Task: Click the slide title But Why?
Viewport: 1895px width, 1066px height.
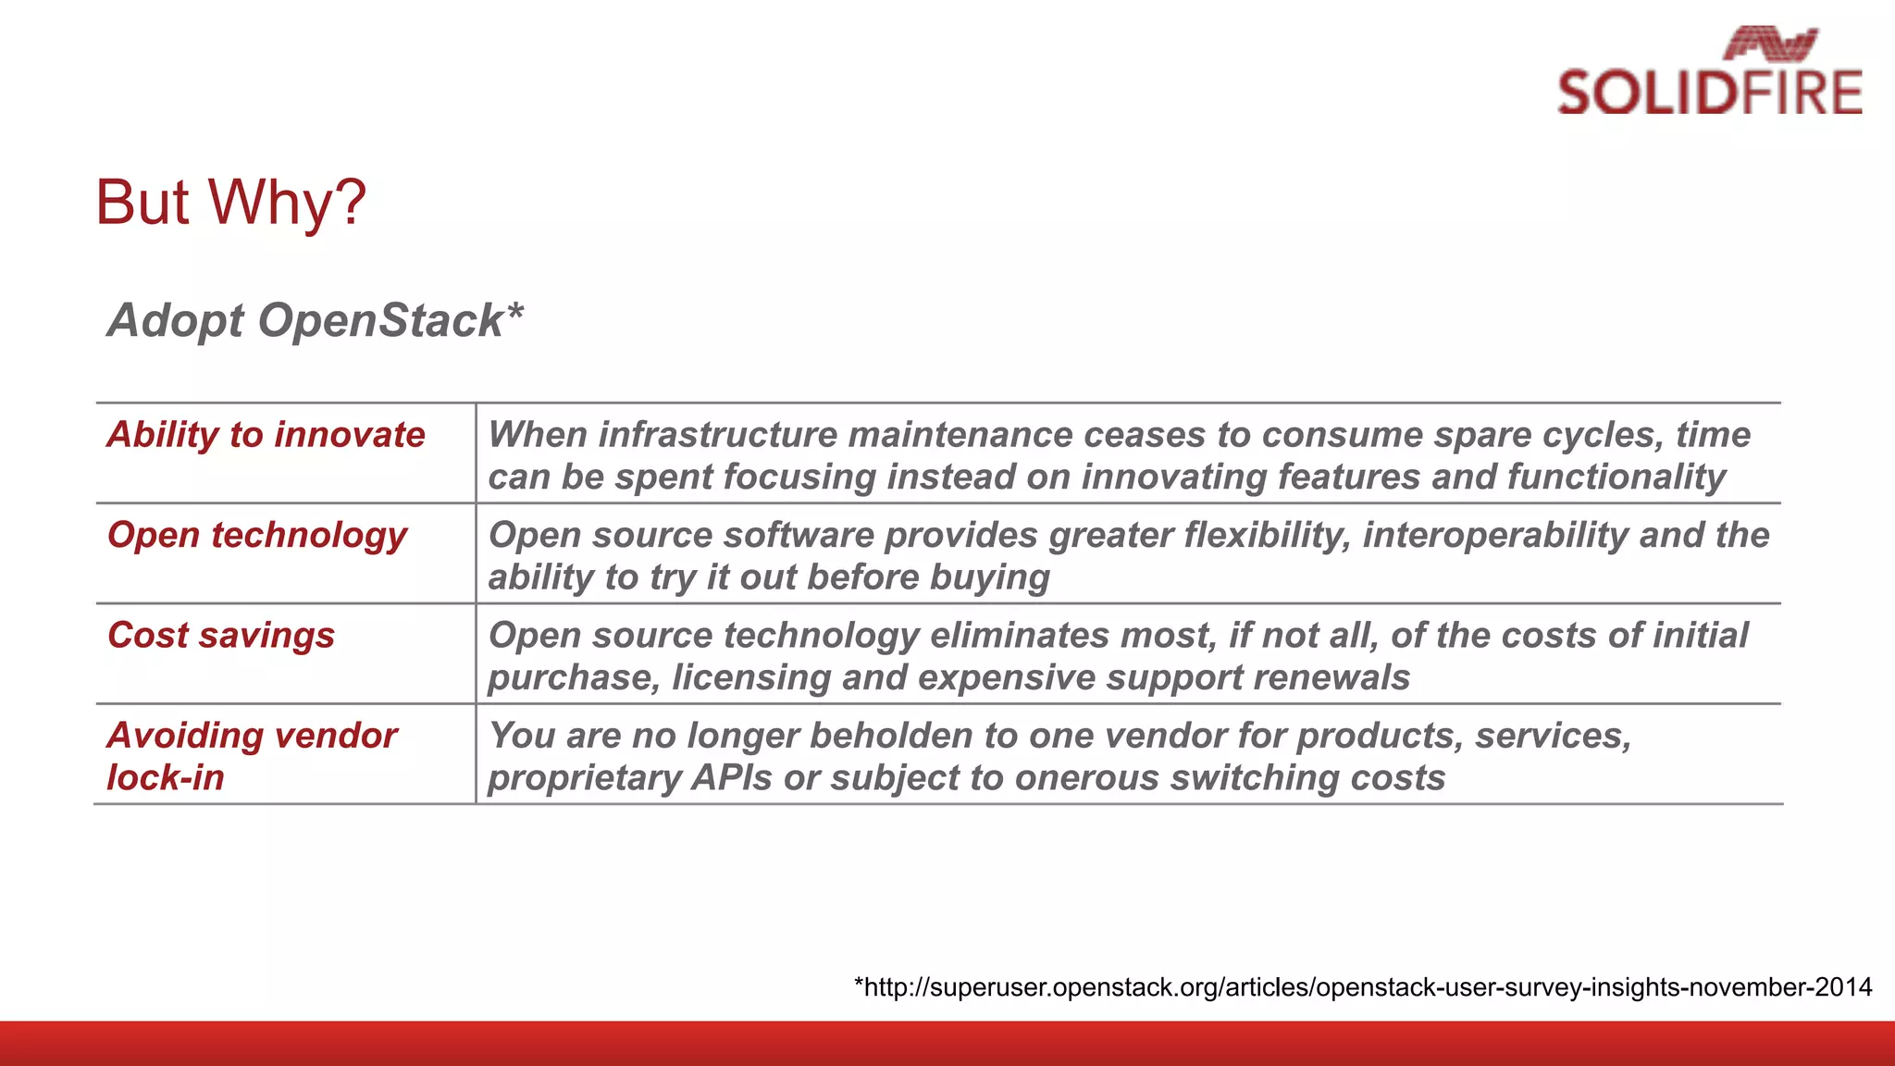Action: (x=230, y=202)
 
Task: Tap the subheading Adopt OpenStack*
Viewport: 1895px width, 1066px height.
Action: (x=315, y=320)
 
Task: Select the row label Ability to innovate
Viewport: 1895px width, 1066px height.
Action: (x=266, y=434)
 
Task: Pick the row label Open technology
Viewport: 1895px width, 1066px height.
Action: (x=256, y=535)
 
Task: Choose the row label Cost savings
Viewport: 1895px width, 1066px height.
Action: (x=220, y=635)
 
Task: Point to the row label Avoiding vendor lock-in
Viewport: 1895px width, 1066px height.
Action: (x=251, y=756)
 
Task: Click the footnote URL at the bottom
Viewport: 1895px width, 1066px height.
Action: (x=1362, y=986)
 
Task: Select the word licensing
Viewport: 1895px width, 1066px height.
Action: (x=750, y=677)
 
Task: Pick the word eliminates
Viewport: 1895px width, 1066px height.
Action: (x=1019, y=636)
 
